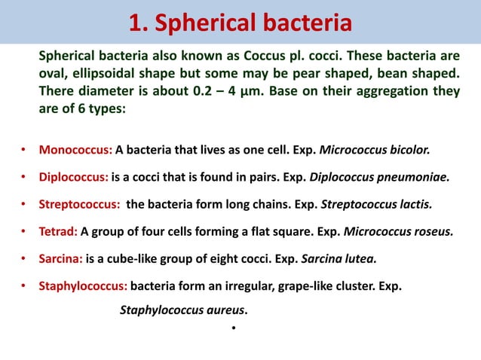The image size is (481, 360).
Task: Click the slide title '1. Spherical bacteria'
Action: (240, 23)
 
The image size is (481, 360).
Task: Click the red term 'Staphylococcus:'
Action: (83, 286)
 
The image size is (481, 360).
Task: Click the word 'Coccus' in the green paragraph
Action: (234, 56)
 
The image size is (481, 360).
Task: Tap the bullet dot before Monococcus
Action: (24, 150)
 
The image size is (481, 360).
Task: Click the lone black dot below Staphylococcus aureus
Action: (235, 328)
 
